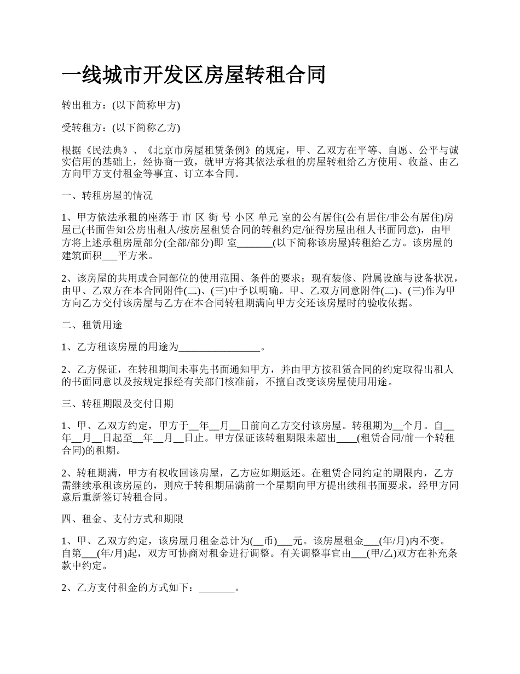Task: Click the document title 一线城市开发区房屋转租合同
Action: pyautogui.click(x=193, y=75)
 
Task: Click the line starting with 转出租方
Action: pyautogui.click(x=120, y=105)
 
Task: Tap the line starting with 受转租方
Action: pyautogui.click(x=120, y=128)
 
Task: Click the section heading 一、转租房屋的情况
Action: pyautogui.click(x=107, y=195)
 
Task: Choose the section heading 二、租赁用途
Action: pyautogui.click(x=92, y=325)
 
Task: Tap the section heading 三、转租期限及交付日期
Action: pyautogui.click(x=118, y=404)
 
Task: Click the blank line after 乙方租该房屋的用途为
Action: pyautogui.click(x=220, y=347)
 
